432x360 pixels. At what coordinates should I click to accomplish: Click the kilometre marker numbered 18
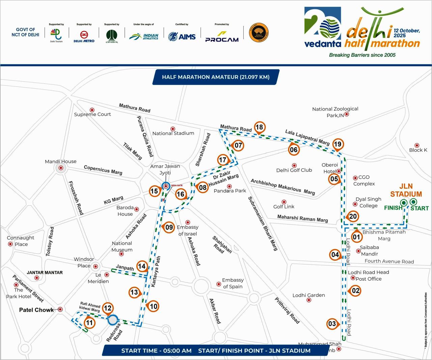point(259,127)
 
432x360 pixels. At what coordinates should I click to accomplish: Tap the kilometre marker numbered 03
point(332,324)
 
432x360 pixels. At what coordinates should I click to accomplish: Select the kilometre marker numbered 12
point(107,308)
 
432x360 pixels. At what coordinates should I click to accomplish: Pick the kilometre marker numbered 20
point(353,217)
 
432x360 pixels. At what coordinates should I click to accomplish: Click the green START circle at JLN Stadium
point(413,202)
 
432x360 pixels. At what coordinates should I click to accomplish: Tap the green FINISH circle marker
point(403,202)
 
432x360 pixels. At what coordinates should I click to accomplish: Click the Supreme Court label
point(92,114)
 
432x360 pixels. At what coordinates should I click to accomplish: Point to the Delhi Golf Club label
point(294,170)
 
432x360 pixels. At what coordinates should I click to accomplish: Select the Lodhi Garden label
point(308,295)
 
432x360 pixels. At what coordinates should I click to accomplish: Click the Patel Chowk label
point(36,310)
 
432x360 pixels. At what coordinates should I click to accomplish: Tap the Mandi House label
point(60,162)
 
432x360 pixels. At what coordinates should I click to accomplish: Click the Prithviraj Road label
point(287,310)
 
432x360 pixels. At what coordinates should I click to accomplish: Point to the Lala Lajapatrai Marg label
point(307,137)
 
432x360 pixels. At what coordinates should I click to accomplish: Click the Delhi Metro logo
point(84,36)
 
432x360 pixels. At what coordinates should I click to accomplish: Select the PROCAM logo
point(222,36)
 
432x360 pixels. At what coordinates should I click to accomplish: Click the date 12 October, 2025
point(406,33)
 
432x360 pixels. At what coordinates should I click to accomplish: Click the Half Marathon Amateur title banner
point(216,77)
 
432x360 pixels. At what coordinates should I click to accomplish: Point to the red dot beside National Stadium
point(173,129)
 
